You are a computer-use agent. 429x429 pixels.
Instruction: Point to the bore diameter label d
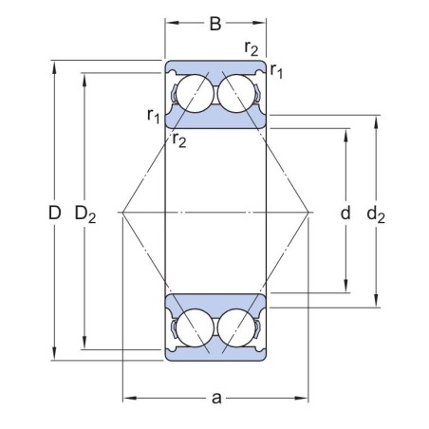click(x=345, y=214)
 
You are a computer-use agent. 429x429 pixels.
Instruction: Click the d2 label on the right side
click(x=376, y=214)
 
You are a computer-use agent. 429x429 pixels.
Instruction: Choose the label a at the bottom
click(x=216, y=398)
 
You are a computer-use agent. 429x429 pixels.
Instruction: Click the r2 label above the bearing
click(x=252, y=47)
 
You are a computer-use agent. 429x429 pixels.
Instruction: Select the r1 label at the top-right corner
click(x=276, y=68)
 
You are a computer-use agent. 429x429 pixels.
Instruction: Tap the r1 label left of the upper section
click(x=153, y=115)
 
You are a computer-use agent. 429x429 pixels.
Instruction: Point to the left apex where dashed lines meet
click(x=122, y=212)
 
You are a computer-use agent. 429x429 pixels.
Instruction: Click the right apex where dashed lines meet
click(x=310, y=212)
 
